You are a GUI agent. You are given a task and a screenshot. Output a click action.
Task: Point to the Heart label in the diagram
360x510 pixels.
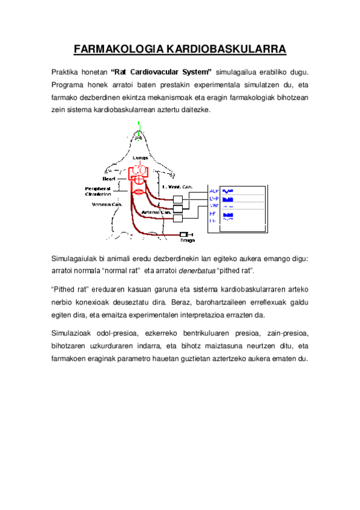coord(109,179)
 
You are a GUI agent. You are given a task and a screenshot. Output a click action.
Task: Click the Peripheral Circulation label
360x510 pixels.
coord(97,191)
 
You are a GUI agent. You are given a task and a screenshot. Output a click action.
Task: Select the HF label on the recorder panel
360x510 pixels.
coord(212,214)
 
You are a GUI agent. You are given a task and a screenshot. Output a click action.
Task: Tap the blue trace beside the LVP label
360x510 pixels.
coord(228,198)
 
